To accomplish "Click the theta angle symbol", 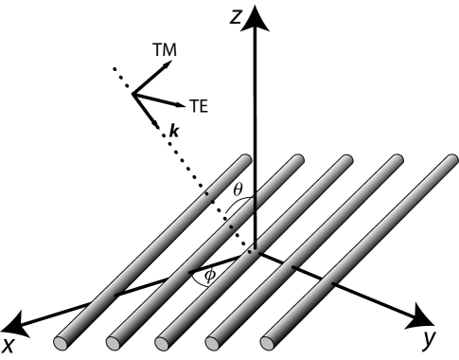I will pyautogui.click(x=239, y=189).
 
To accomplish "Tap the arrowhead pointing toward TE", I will pyautogui.click(x=179, y=105).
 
